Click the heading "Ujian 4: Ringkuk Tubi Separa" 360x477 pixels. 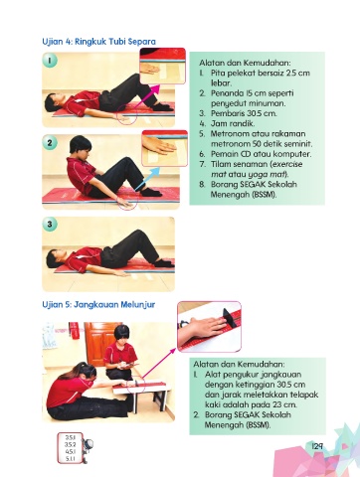(98, 42)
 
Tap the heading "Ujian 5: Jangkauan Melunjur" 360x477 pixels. (98, 304)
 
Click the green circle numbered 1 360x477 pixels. (50, 61)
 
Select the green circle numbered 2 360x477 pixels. (50, 143)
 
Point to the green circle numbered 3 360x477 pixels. (50, 225)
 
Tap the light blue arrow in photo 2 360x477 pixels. (148, 179)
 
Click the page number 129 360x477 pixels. (317, 446)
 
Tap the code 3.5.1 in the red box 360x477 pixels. (70, 437)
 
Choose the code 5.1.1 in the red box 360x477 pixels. (70, 458)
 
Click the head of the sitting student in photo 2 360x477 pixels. (81, 146)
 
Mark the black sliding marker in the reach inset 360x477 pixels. (230, 318)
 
